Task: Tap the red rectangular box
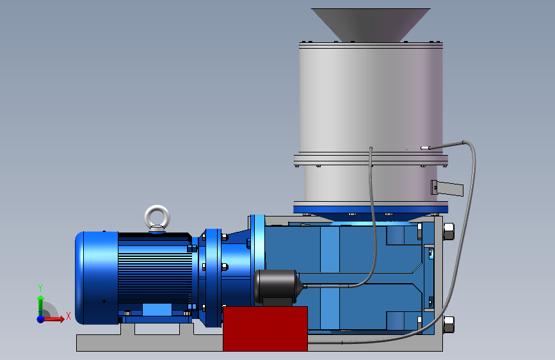pos(265,329)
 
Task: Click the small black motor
pos(277,287)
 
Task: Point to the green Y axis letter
pos(40,288)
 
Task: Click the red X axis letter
pos(68,316)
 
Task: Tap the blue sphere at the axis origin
pos(41,319)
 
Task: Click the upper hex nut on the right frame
pos(449,232)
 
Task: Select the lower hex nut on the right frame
pos(449,324)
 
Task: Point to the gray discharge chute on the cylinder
pos(447,188)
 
